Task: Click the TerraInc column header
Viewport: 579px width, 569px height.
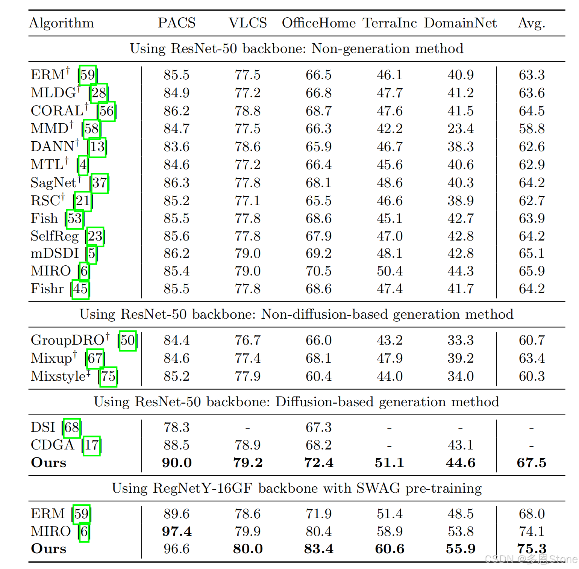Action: tap(390, 23)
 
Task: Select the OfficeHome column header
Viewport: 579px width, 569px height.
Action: tap(318, 23)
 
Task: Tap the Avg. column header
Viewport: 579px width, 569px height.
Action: tap(531, 23)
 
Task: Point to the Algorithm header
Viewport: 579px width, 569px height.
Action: tap(62, 23)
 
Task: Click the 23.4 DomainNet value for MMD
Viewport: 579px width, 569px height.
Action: tap(460, 129)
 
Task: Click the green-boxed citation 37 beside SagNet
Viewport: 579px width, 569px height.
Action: tap(100, 183)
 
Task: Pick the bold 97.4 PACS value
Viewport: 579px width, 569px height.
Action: tap(176, 531)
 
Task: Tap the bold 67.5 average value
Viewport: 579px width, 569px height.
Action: tap(531, 463)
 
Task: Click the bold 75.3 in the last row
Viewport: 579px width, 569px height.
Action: tap(531, 549)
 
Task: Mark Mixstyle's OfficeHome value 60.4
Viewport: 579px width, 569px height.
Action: tap(318, 376)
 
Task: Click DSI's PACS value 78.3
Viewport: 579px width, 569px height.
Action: tap(176, 428)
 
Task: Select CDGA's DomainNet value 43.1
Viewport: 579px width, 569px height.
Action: tap(460, 445)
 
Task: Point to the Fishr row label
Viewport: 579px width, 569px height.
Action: tap(47, 289)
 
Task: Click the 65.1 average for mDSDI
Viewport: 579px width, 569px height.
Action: tap(531, 253)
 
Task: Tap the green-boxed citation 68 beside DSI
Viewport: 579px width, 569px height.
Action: tap(72, 428)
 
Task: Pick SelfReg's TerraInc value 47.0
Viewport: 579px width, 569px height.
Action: tap(390, 236)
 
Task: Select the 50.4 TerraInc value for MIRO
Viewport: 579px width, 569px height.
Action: tap(390, 271)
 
